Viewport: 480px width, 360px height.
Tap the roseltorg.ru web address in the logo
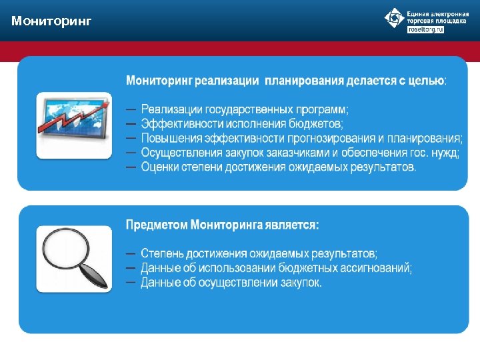pos(425,30)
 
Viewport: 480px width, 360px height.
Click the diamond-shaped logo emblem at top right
pos(394,18)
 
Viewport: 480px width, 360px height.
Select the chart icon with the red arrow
pos(74,125)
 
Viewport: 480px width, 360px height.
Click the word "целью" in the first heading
pos(425,81)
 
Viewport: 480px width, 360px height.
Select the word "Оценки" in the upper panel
pos(160,167)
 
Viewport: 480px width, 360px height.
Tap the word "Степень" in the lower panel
pos(162,254)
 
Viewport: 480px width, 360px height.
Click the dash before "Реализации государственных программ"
pos(131,109)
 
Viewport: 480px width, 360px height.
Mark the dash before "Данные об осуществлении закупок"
pos(131,283)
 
